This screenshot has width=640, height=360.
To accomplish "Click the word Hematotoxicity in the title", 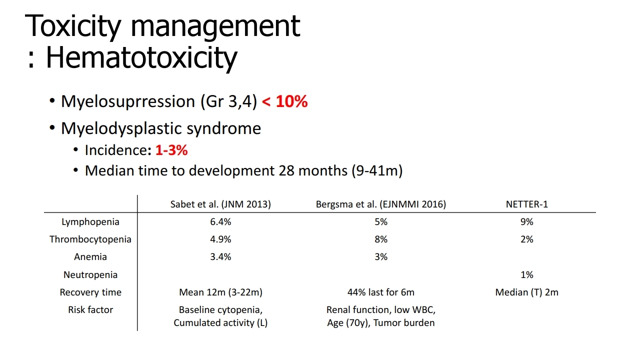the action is pyautogui.click(x=141, y=57).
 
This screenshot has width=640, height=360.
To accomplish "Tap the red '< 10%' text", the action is pyautogui.click(x=284, y=101).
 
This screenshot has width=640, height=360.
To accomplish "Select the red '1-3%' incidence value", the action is pyautogui.click(x=171, y=150).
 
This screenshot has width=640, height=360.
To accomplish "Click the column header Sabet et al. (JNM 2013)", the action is pyautogui.click(x=220, y=204).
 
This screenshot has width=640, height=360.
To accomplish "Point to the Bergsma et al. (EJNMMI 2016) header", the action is pyautogui.click(x=381, y=204).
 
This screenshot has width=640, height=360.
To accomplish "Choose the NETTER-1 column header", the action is pyautogui.click(x=527, y=204).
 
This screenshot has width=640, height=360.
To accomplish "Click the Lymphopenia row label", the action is pyautogui.click(x=90, y=222).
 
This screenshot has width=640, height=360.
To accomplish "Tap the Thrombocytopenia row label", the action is pyautogui.click(x=90, y=239).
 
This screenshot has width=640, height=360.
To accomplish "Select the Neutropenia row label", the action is pyautogui.click(x=90, y=275).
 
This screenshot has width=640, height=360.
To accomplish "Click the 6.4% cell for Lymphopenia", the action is pyautogui.click(x=220, y=222).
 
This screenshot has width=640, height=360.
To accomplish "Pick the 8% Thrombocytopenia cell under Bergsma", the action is pyautogui.click(x=381, y=239).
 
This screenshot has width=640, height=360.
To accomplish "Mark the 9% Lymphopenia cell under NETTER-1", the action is pyautogui.click(x=527, y=222).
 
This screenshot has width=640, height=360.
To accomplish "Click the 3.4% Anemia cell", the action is pyautogui.click(x=220, y=257).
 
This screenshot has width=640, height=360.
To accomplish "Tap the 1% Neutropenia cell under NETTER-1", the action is pyautogui.click(x=527, y=275).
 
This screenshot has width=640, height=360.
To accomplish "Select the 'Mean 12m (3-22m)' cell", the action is pyautogui.click(x=220, y=292).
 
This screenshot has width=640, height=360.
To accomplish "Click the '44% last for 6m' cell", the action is pyautogui.click(x=381, y=292).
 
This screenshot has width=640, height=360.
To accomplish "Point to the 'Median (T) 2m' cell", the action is pyautogui.click(x=527, y=292).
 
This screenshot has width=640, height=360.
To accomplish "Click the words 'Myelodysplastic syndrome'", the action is pyautogui.click(x=161, y=128).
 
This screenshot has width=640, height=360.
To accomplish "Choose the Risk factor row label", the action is pyautogui.click(x=90, y=309).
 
